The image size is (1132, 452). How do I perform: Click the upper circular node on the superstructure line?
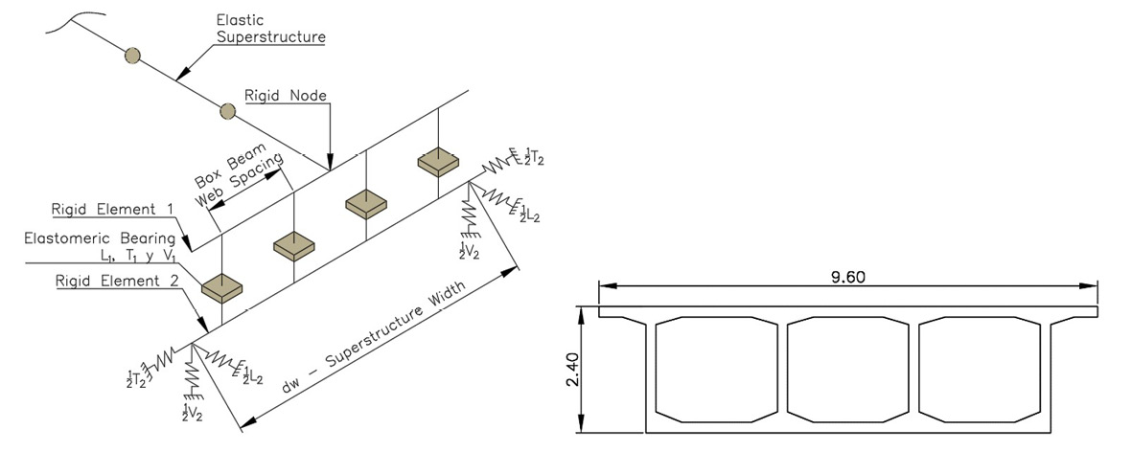click(x=133, y=56)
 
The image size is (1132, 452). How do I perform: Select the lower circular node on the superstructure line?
click(x=227, y=111)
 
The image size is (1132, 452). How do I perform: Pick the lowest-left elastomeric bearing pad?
click(x=221, y=284)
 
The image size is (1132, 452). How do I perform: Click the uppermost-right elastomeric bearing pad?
click(x=437, y=162)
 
